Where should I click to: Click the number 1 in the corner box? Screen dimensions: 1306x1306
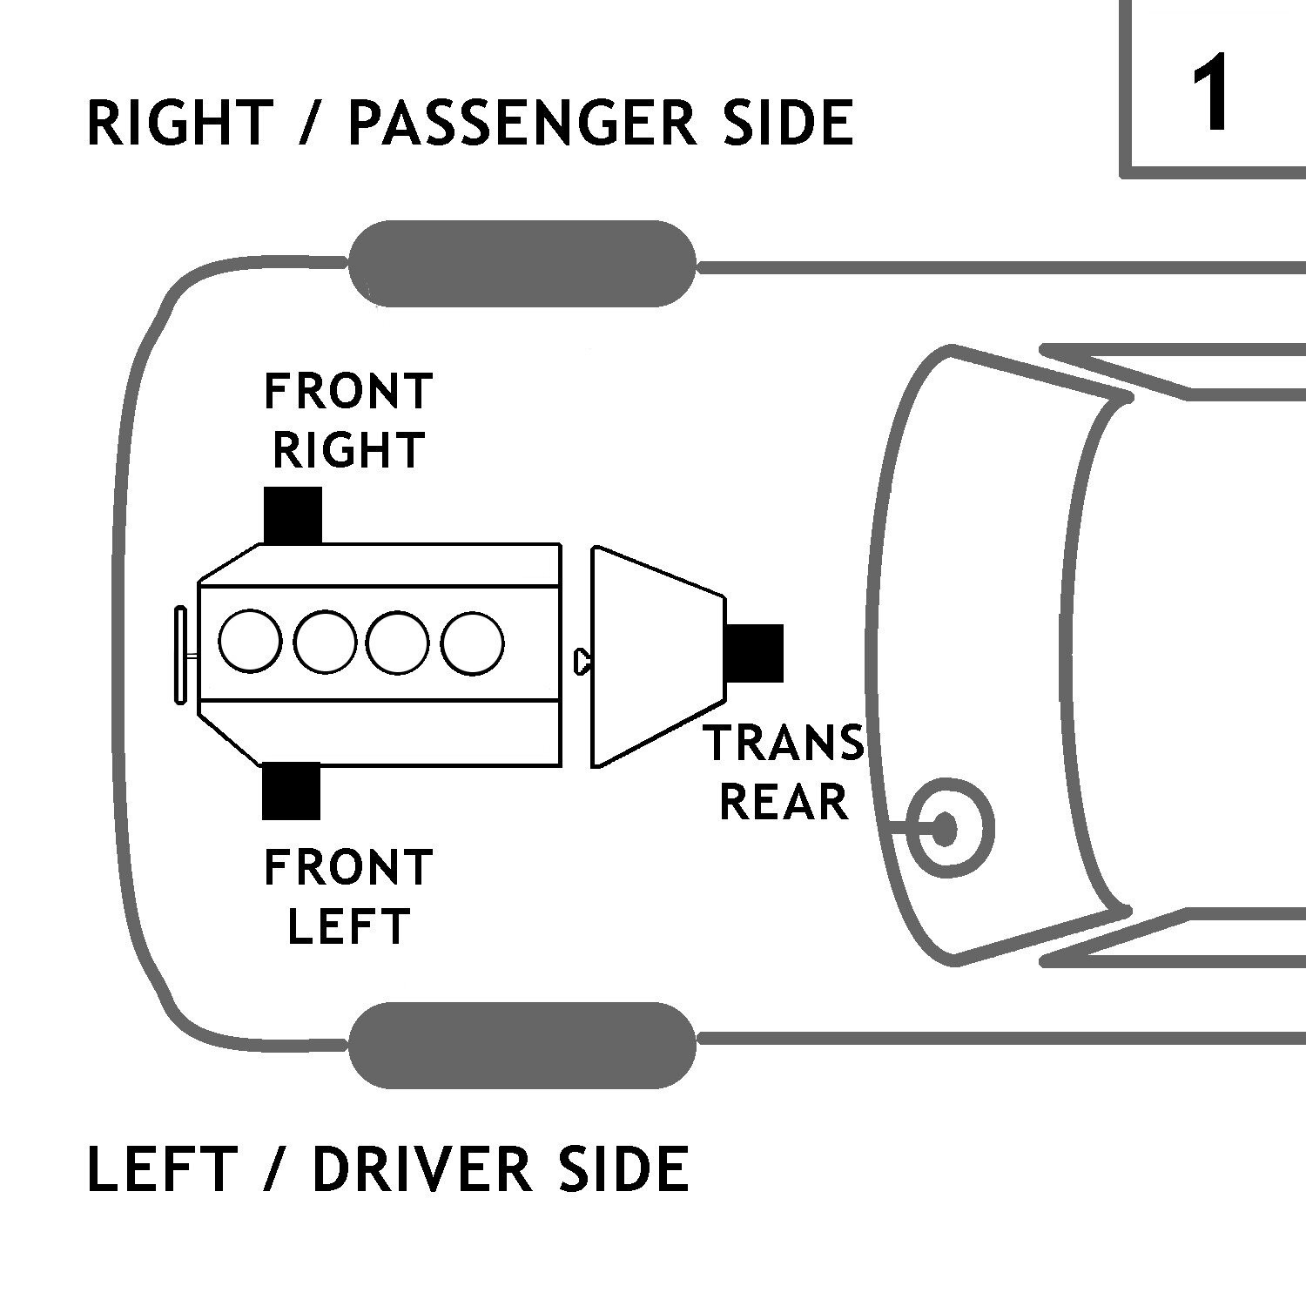click(x=1212, y=91)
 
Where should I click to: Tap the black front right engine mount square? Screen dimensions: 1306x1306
click(x=293, y=515)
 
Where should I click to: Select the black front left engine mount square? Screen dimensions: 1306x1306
click(x=292, y=791)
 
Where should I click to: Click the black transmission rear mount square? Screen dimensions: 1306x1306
click(x=755, y=653)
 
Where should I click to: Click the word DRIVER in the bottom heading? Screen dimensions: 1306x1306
click(x=421, y=1168)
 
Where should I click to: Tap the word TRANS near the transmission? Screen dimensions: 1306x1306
click(x=784, y=743)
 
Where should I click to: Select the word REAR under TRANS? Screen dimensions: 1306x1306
click(x=784, y=802)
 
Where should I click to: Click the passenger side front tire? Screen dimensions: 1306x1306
click(x=522, y=263)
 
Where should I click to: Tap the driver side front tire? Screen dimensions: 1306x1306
click(x=522, y=1045)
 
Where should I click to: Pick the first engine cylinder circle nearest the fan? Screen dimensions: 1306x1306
click(x=250, y=642)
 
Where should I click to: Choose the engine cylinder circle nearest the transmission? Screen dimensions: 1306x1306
click(x=472, y=643)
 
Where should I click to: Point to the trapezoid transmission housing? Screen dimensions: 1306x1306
click(x=657, y=657)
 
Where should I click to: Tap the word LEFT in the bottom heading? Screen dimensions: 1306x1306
click(x=162, y=1168)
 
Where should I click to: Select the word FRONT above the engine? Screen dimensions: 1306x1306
click(x=348, y=391)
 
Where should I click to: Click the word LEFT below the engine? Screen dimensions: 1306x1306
click(x=348, y=926)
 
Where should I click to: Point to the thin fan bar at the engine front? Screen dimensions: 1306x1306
click(x=181, y=655)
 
